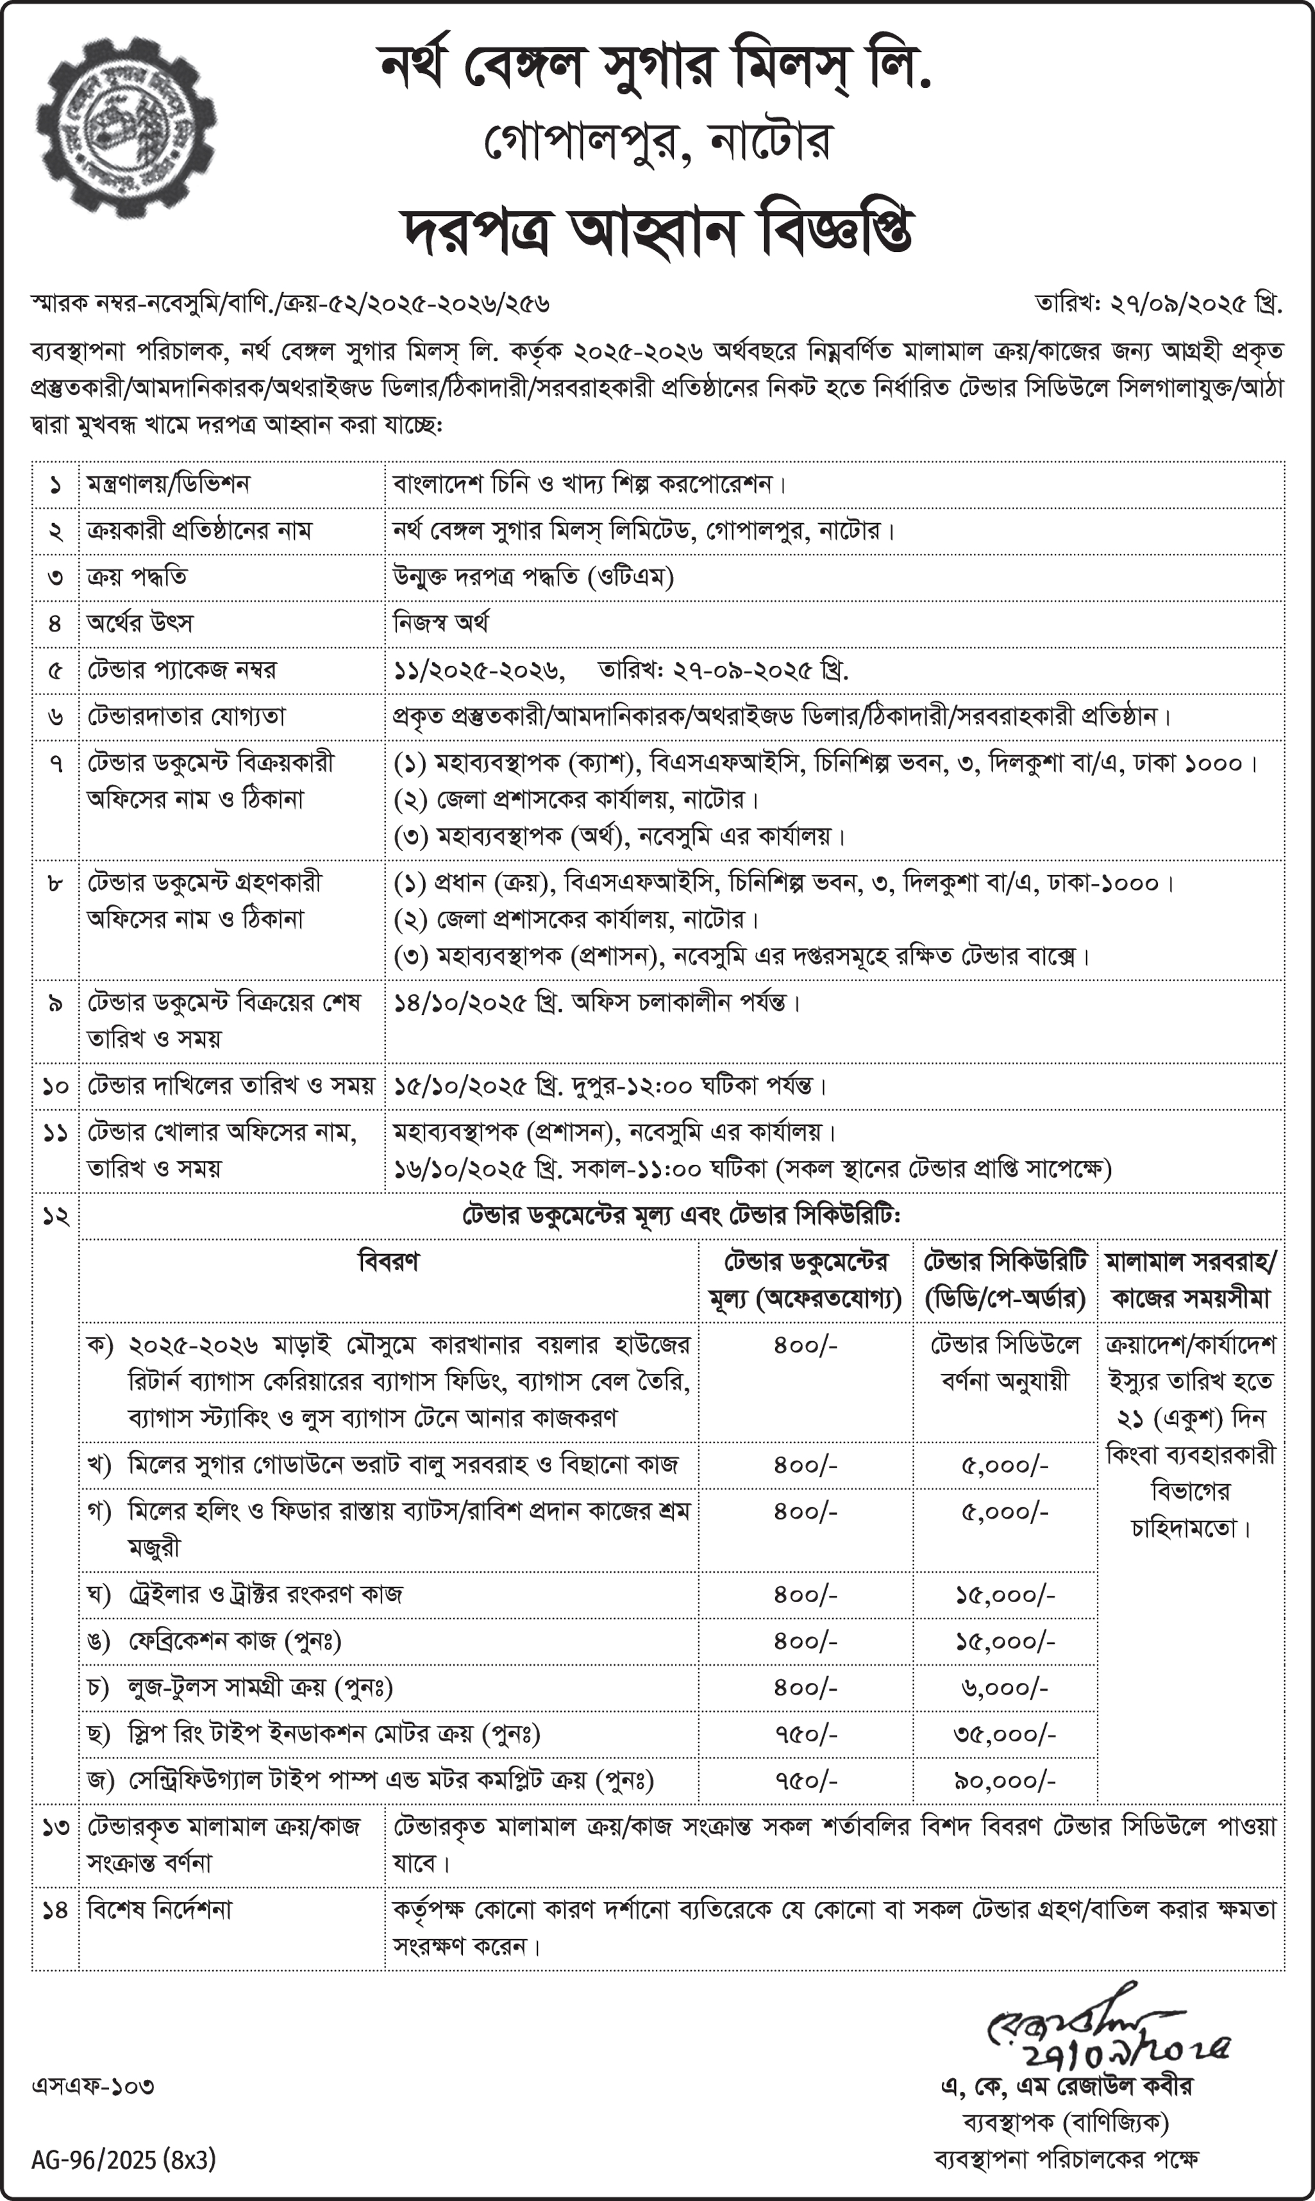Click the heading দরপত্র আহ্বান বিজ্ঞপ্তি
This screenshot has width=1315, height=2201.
pos(658,232)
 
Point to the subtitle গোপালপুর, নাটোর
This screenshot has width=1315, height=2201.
pos(658,142)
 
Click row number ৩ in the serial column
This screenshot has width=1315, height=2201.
pos(55,578)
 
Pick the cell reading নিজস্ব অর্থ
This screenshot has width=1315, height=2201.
pos(440,623)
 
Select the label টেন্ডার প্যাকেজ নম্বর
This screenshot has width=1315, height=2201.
pos(181,670)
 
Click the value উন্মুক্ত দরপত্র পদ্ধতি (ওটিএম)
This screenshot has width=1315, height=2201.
pos(533,577)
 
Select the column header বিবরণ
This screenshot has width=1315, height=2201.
pos(388,1261)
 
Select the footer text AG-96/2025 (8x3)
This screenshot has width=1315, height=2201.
pos(123,2160)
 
